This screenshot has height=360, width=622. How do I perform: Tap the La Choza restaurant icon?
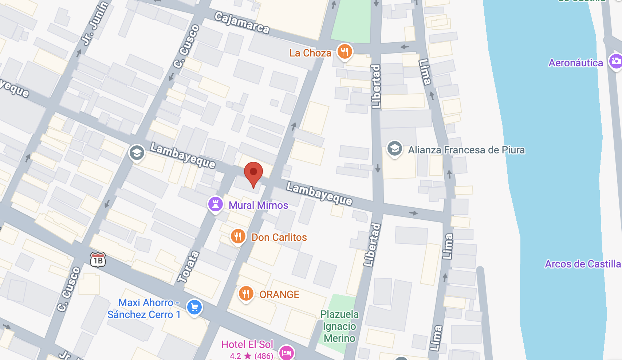click(345, 51)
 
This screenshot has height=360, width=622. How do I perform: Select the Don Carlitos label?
click(279, 238)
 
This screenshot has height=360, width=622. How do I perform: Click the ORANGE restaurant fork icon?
click(246, 293)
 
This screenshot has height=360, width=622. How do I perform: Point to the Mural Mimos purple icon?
click(215, 204)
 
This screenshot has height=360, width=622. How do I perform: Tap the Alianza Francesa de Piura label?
click(466, 150)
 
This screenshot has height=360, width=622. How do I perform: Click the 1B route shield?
click(98, 260)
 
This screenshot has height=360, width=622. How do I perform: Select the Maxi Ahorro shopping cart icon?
click(194, 307)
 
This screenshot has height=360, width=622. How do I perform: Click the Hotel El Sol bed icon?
click(287, 352)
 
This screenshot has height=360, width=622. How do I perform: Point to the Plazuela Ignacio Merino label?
click(339, 326)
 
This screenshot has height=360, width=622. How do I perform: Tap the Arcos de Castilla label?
click(582, 264)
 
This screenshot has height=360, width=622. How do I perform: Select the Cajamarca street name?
click(242, 23)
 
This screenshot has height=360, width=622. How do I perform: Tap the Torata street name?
click(188, 267)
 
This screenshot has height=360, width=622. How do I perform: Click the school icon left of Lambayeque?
click(137, 153)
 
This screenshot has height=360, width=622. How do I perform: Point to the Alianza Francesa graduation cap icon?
click(394, 148)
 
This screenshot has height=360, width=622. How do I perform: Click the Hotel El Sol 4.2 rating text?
click(251, 356)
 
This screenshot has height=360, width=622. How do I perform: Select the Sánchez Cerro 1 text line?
click(144, 315)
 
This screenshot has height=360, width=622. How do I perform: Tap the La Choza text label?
click(310, 53)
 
